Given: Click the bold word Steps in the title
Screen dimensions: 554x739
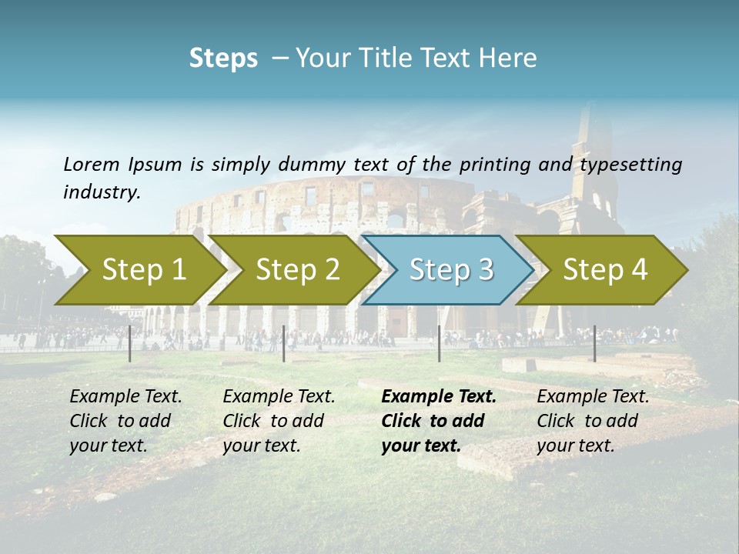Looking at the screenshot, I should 223,58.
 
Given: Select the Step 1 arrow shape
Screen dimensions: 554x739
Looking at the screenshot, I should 143,269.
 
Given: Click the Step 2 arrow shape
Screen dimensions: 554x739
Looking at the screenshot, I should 297,269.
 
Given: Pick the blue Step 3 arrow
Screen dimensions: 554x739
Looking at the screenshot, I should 450,269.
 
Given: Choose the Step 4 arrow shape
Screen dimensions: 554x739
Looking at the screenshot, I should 604,269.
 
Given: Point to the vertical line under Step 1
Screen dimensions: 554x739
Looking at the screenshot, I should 130,343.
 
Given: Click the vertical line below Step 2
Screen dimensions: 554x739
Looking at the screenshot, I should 284,343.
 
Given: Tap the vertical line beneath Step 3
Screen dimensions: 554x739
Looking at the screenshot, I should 439,343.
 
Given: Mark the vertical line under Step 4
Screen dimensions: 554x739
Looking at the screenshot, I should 594,343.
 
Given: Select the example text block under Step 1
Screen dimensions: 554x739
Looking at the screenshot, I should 125,421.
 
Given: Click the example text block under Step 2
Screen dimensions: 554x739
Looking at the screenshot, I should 279,421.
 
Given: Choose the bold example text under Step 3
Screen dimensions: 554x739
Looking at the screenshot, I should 438,421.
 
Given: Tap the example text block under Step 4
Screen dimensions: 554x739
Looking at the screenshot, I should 593,421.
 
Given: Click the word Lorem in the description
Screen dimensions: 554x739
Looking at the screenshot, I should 92,164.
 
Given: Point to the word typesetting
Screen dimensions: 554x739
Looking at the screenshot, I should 630,165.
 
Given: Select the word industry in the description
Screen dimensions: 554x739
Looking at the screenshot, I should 101,192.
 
